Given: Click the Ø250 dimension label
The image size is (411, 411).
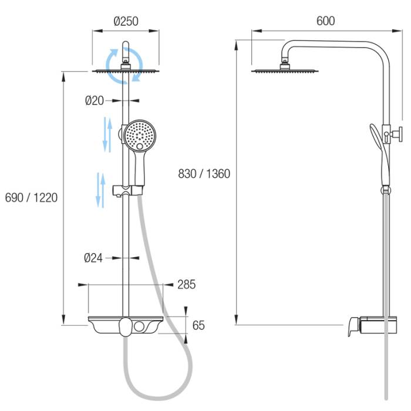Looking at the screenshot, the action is [126, 21].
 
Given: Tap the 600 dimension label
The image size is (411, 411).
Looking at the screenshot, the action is [325, 21].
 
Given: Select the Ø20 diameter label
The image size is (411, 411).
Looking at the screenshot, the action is [95, 100].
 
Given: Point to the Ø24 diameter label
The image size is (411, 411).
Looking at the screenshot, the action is [93, 258].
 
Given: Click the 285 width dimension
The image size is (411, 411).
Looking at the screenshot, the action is [186, 284].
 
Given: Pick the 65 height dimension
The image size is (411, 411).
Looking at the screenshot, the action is [198, 325].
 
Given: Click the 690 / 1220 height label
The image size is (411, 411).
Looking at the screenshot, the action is [31, 198].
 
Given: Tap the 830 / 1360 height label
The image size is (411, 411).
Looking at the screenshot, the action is [204, 174].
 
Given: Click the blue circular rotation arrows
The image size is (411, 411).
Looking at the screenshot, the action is [124, 66].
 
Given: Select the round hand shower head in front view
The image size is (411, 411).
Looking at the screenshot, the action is [140, 136].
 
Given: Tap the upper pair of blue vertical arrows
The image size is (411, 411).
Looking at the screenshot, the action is [107, 134].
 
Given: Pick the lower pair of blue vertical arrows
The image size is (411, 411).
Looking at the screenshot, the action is [100, 190].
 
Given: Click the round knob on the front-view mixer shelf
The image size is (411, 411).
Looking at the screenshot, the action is [139, 326].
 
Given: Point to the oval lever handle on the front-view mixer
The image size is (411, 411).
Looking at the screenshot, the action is [125, 327].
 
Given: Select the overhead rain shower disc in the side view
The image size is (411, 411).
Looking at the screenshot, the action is [285, 71].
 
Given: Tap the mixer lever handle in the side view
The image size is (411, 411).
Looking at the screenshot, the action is [354, 326].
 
